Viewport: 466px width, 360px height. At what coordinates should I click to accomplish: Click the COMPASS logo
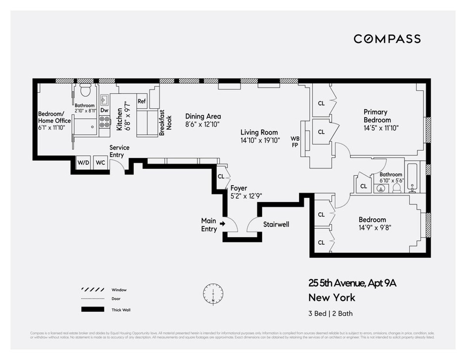click(x=387, y=39)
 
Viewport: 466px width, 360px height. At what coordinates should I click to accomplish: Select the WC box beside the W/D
click(x=100, y=162)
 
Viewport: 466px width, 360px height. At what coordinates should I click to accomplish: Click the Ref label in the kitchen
click(x=142, y=101)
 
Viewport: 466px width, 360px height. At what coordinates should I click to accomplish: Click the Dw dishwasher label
click(x=104, y=110)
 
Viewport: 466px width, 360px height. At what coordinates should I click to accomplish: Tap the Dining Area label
click(x=203, y=117)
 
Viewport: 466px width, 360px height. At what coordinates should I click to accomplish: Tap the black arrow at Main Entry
click(x=222, y=224)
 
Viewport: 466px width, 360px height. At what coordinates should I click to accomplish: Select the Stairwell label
click(x=276, y=224)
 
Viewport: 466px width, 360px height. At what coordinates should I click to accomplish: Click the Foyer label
click(x=238, y=188)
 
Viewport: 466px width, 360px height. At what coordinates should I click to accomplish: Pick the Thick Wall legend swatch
click(x=92, y=310)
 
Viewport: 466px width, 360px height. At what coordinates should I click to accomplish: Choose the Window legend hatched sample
click(x=92, y=290)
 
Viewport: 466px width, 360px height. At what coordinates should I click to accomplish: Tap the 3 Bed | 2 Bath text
click(x=330, y=313)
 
